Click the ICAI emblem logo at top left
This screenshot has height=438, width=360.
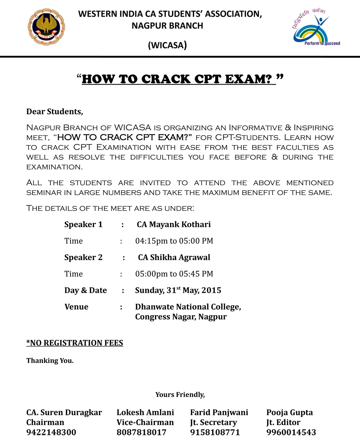44,27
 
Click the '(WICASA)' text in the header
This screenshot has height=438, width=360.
167,46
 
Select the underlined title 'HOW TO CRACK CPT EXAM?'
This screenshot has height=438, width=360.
178,79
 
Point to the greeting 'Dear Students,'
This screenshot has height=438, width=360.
54,112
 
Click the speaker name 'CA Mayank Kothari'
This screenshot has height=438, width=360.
174,224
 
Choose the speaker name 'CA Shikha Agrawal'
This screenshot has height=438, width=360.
174,257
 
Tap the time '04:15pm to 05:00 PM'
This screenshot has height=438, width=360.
174,241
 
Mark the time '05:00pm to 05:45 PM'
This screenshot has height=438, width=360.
174,274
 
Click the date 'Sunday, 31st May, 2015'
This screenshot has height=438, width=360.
178,290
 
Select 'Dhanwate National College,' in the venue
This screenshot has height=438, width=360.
188,307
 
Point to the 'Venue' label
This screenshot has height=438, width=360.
76,307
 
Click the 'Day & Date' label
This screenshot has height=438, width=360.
86,290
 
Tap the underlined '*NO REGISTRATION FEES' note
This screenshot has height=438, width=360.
75,343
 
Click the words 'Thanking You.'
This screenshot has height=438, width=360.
50,361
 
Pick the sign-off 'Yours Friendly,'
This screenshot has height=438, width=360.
180,395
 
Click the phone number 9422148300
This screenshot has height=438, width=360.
51,432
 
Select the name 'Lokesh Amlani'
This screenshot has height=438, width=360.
145,413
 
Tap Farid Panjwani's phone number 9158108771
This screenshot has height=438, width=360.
215,432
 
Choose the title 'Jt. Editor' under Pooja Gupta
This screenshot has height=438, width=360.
283,422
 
